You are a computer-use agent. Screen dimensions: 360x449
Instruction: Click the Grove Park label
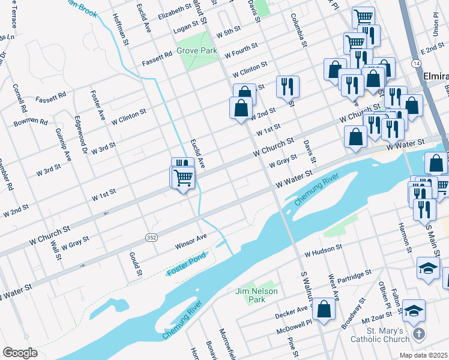click(197, 51)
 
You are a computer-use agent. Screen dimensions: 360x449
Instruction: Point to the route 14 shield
click(415, 63)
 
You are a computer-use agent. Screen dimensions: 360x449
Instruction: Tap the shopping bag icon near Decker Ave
click(324, 309)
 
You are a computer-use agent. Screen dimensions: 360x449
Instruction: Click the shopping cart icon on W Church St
click(183, 176)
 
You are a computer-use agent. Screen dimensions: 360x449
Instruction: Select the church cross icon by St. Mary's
click(419, 332)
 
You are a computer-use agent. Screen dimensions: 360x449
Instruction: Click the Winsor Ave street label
click(191, 241)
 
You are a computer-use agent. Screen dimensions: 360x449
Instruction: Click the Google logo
click(20, 352)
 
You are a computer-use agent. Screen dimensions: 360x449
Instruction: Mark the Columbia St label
click(298, 30)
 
